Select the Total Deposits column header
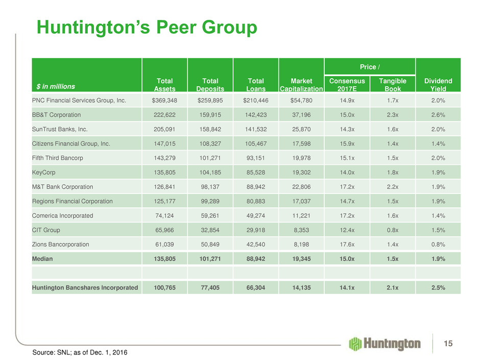click(x=210, y=84)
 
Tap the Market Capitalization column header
click(x=301, y=84)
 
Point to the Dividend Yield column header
click(x=438, y=84)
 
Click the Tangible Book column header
click(x=393, y=84)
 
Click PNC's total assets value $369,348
click(x=164, y=101)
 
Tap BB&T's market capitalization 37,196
click(x=301, y=115)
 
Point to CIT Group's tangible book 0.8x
click(x=393, y=230)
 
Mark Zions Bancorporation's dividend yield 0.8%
click(x=438, y=244)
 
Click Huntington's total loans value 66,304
click(x=256, y=287)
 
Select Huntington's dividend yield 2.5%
click(x=438, y=287)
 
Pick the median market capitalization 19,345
click(x=301, y=258)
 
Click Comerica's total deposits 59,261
click(x=210, y=215)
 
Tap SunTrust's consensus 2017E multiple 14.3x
click(x=347, y=129)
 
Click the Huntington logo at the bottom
click(x=385, y=344)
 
